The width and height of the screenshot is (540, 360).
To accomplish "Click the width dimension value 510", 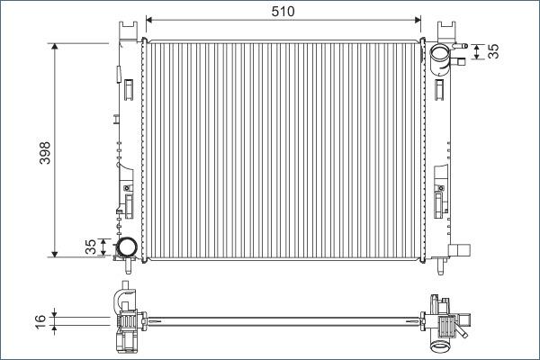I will [283, 10].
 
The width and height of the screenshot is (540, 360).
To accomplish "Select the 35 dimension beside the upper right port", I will [493, 51].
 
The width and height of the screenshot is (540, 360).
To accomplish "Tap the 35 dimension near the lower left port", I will [90, 247].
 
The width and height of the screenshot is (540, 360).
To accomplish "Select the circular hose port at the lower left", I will [127, 246].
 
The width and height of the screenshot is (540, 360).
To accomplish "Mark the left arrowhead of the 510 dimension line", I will [149, 19].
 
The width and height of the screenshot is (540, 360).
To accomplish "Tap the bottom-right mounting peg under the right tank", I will [442, 266].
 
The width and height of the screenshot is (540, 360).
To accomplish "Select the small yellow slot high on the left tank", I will [129, 87].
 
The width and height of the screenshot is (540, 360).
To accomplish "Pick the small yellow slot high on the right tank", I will [438, 87].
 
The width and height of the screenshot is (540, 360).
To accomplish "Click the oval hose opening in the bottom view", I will [441, 346].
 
